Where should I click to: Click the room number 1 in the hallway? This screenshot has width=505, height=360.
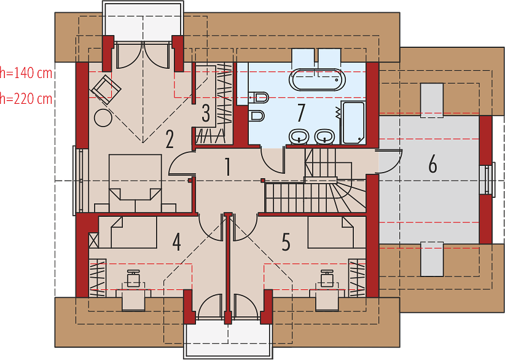228,167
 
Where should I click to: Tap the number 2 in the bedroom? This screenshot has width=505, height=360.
170,139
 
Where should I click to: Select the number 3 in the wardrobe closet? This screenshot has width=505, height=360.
206,113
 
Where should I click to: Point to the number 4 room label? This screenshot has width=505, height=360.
176,242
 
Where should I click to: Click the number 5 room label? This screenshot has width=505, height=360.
286,242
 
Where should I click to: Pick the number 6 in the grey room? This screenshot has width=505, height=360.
433,164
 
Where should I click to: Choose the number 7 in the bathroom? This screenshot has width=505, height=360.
301,113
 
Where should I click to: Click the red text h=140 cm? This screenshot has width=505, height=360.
26,74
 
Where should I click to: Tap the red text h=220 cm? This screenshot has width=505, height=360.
26,98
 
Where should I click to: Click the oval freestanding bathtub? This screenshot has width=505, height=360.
317,80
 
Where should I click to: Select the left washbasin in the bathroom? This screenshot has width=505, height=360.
299,136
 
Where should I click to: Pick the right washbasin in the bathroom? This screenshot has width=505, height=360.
324,136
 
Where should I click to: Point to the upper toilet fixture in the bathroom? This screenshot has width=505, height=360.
259,97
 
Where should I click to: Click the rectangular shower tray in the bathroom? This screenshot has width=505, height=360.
353,122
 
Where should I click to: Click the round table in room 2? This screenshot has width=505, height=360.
103,117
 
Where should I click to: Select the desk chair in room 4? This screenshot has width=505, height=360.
133,278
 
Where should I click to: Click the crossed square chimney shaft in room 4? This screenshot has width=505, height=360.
93,240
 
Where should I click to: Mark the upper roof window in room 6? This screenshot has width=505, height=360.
432,101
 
